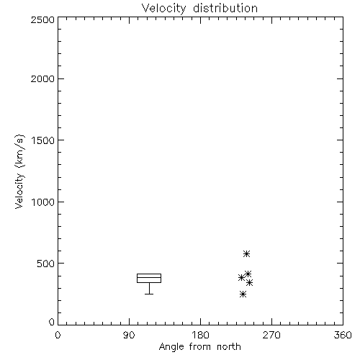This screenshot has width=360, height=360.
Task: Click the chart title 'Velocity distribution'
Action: [x=199, y=9]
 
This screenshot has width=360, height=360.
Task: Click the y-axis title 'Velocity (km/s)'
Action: [x=19, y=171]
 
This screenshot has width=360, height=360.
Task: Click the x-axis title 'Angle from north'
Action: [x=199, y=347]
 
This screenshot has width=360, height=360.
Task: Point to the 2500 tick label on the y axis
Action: [x=42, y=19]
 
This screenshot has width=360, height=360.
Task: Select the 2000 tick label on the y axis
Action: [x=42, y=78]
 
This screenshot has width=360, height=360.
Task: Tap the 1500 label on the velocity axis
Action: [x=43, y=140]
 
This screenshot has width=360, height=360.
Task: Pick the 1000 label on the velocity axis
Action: [x=43, y=202]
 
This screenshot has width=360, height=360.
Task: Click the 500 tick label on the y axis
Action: [x=46, y=264]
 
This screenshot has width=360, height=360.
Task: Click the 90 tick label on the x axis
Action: [x=129, y=335]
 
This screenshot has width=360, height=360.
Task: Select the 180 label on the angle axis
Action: [x=200, y=335]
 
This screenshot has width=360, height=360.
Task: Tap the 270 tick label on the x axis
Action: [x=271, y=335]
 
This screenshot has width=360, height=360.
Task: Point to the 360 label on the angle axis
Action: [x=343, y=335]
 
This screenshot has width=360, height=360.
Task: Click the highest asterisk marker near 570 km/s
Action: [x=246, y=253]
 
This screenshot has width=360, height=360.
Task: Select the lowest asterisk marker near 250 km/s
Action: [x=243, y=294]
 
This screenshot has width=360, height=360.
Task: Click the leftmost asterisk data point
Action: [x=241, y=278]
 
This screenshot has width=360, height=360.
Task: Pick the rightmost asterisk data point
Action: [x=250, y=283]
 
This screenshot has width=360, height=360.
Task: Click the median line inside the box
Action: [x=149, y=277]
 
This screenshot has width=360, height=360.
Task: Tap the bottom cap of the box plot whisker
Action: [x=149, y=294]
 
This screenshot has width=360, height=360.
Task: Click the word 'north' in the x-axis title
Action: [x=229, y=347]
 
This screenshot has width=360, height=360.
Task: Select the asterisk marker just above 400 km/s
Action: [x=248, y=274]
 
